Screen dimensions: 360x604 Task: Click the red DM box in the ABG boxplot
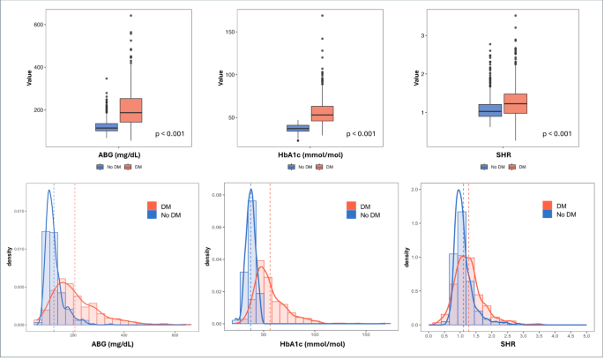pyautogui.click(x=130, y=110)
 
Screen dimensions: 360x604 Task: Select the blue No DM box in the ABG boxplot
pyautogui.click(x=107, y=127)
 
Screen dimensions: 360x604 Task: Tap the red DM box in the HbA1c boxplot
pyautogui.click(x=322, y=113)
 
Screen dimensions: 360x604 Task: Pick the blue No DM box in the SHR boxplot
pyautogui.click(x=490, y=110)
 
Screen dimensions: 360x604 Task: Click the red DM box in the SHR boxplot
pyautogui.click(x=514, y=103)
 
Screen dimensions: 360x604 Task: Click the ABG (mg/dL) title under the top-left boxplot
pyautogui.click(x=118, y=154)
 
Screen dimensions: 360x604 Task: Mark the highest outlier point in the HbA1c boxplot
pyautogui.click(x=322, y=16)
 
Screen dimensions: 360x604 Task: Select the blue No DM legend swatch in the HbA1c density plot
pyautogui.click(x=353, y=214)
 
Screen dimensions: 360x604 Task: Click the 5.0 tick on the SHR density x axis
pyautogui.click(x=586, y=336)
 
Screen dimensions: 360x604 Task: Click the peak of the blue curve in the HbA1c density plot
pyautogui.click(x=250, y=189)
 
